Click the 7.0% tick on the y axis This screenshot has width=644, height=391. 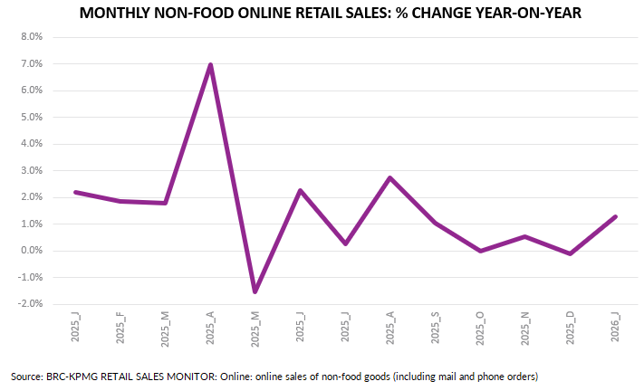coord(31,64)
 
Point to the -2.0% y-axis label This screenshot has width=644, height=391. coord(30,304)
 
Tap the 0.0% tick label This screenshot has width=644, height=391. coord(31,251)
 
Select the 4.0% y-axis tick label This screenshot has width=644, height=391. coord(31,144)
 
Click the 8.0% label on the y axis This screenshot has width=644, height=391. coord(31,38)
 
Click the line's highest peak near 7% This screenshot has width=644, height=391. coord(210,65)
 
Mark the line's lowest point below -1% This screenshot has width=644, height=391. coord(255,291)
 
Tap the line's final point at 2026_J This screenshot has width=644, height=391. coord(615,216)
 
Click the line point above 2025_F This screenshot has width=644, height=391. coord(120,201)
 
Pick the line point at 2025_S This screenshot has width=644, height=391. coord(436,223)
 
